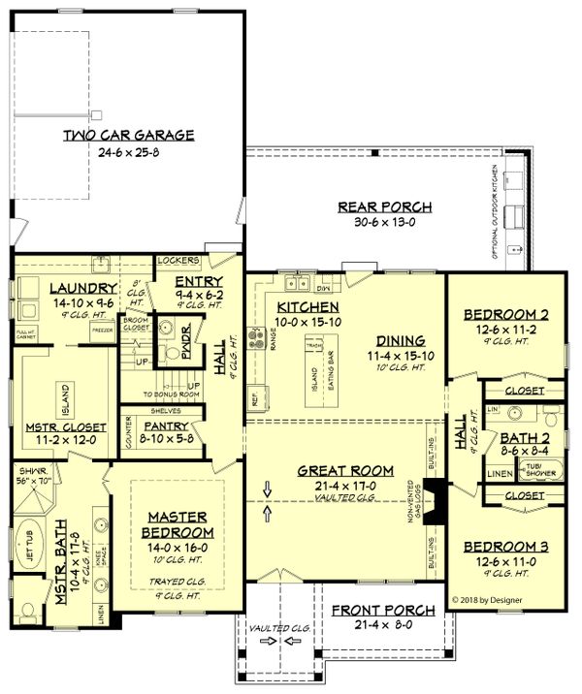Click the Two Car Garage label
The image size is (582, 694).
[x=129, y=135]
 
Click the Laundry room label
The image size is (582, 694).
[x=56, y=287]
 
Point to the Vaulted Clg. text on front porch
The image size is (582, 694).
[x=279, y=629]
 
